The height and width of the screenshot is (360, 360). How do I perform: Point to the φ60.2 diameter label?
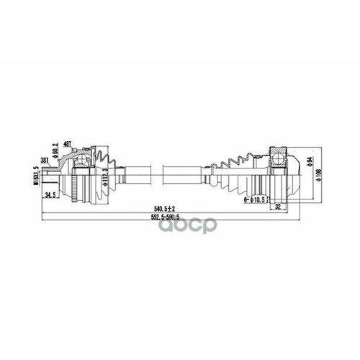coord(73,152)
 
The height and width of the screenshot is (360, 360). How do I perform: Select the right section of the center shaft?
coord(187,174)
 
